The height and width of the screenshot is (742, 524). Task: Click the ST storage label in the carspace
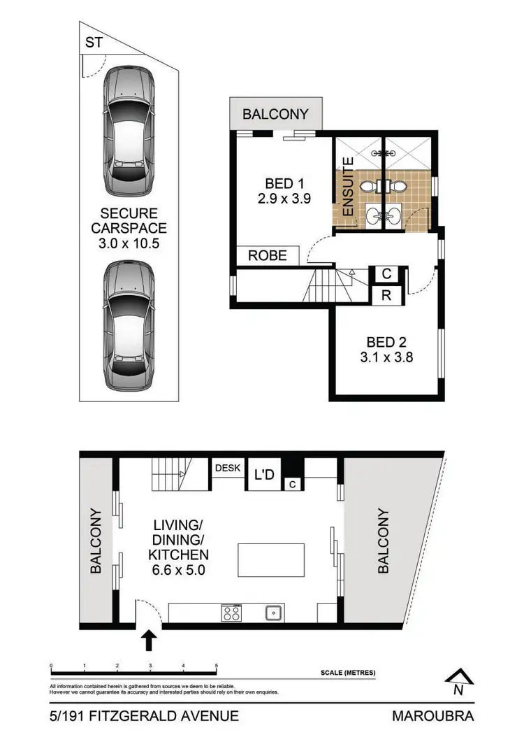coord(94,43)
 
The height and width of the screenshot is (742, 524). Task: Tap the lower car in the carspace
coord(129,318)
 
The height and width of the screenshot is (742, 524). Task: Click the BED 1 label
coord(284,184)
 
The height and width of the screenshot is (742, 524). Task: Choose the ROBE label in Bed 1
coord(268,255)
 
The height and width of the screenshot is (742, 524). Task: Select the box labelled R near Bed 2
coord(386,296)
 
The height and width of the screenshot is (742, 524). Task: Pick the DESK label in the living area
coord(228,468)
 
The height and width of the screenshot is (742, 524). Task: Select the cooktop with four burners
coord(231,613)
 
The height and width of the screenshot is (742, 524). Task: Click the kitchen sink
coord(273,613)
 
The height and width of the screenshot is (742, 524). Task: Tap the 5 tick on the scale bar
coord(217,666)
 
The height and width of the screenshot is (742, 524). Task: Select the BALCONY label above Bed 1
coord(275,115)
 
